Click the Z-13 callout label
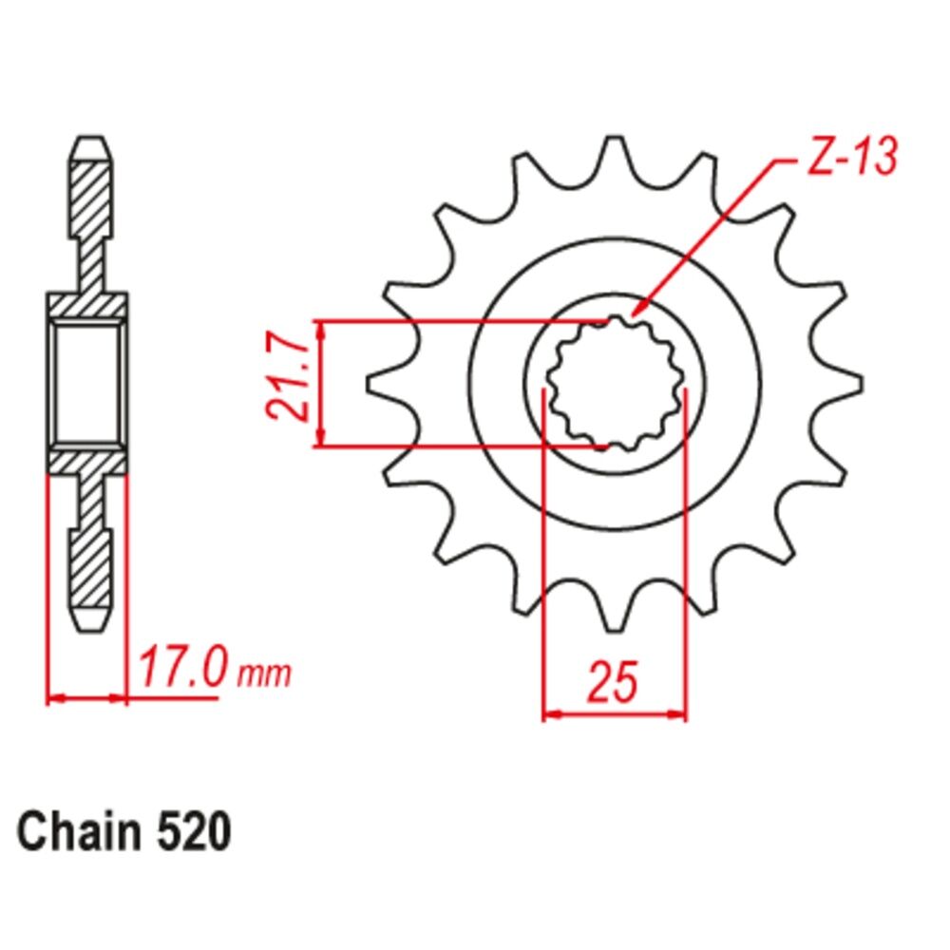[852, 157]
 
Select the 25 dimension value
[614, 681]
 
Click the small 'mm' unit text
[264, 674]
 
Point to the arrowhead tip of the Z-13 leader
[632, 315]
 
